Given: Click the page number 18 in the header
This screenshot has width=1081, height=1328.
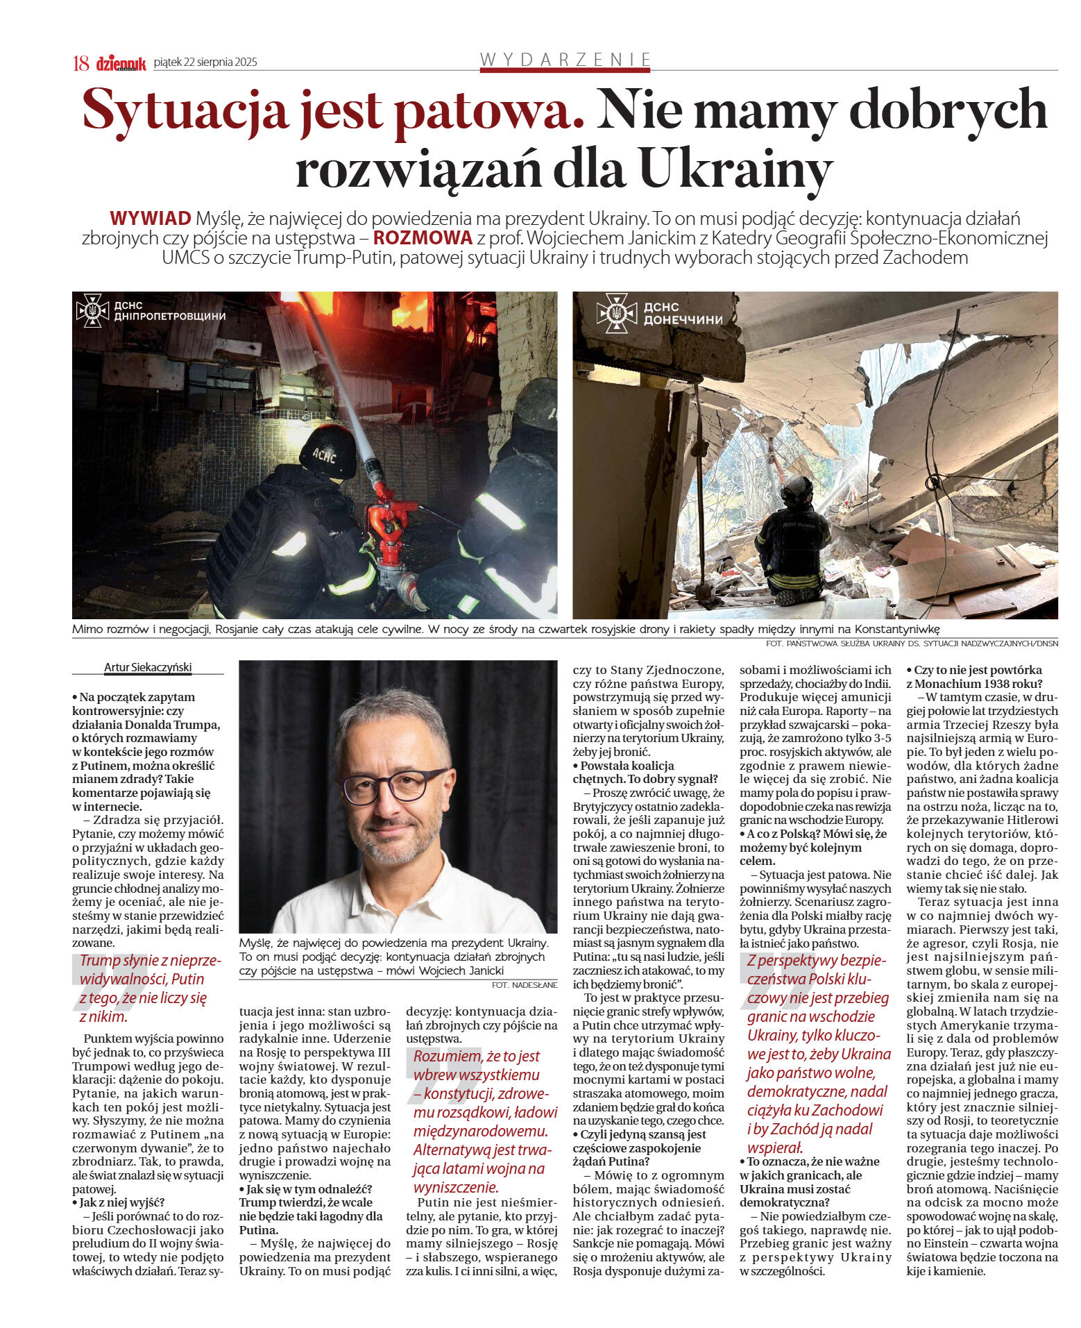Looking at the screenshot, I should point(80,63).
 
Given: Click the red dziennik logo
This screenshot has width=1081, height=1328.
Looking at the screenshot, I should point(121,64).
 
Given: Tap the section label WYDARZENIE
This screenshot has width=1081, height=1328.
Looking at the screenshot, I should point(565,60).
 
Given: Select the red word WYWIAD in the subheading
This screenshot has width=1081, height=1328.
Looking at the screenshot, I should point(150,219).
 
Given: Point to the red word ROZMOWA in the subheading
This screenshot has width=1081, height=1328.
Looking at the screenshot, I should point(423,238).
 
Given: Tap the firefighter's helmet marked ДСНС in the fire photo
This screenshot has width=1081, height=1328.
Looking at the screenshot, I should point(328,452).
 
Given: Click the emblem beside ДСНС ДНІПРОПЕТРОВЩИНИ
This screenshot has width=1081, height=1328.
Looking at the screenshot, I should point(92,311).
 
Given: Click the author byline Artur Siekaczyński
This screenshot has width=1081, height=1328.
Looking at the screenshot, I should point(148,668).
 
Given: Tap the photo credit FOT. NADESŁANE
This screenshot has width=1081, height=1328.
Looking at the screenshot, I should point(524,984).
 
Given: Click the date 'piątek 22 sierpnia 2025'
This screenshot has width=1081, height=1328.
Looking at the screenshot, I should point(205,62).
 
